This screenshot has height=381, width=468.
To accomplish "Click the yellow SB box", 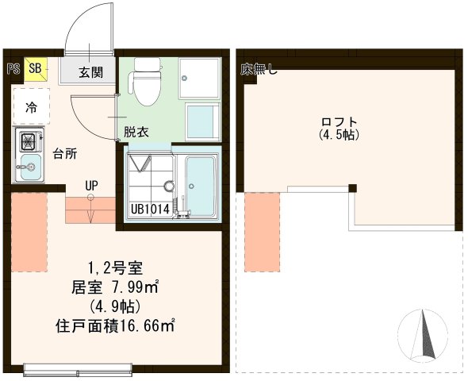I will click(x=35, y=68).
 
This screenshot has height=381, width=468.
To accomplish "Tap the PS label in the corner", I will click(x=13, y=68).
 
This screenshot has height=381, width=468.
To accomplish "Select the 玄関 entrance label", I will click(x=90, y=72).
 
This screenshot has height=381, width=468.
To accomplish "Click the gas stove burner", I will click(x=28, y=143).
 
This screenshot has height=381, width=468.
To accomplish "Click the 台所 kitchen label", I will click(x=65, y=154).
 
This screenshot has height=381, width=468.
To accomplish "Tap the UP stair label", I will click(x=91, y=187).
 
